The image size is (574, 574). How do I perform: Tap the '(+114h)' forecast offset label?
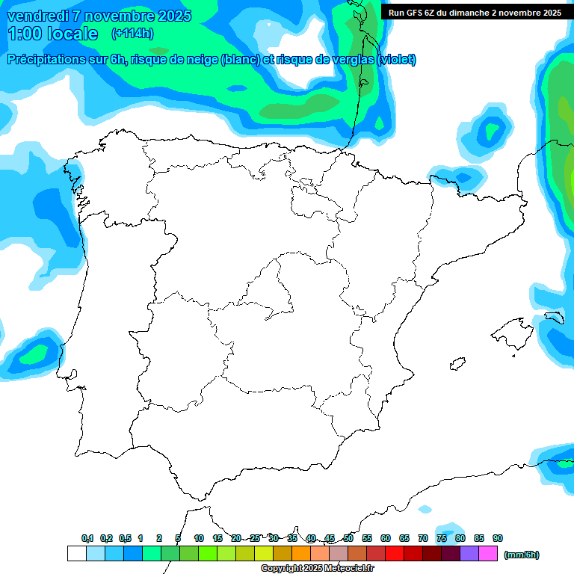[x=132, y=33]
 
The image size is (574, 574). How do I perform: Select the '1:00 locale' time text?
[x=52, y=34]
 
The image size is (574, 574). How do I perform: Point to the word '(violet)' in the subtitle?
[x=396, y=60]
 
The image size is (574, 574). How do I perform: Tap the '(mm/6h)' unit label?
[x=521, y=555]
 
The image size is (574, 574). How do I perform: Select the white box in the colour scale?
[x=76, y=554]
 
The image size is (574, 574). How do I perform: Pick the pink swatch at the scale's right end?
[x=488, y=554]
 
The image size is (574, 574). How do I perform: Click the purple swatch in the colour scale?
[x=469, y=554]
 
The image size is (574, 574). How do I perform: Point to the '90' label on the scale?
[x=498, y=538]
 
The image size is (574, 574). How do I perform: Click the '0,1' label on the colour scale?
[x=87, y=538]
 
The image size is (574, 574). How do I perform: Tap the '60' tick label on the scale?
[x=386, y=538]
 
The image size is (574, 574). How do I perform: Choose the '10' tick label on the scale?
[x=199, y=538]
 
